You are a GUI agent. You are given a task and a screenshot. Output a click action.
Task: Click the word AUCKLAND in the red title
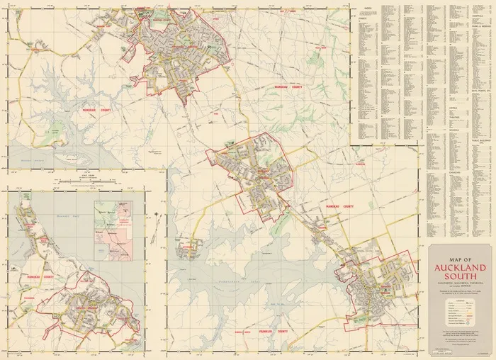[460, 268]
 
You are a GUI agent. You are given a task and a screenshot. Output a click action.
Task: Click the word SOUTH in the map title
[460, 279]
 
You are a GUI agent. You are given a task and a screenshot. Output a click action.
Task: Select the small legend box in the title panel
[460, 310]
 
